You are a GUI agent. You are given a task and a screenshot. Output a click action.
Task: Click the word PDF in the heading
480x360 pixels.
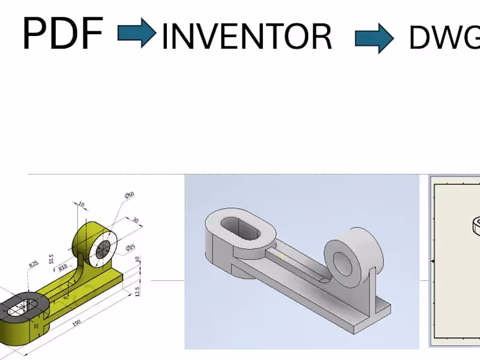(62, 34)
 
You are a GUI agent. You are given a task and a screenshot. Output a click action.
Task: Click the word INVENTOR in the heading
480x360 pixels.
(247, 37)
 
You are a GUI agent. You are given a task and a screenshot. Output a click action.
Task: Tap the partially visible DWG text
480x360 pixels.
(444, 38)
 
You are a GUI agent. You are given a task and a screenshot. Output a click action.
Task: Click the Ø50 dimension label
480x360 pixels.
(129, 196)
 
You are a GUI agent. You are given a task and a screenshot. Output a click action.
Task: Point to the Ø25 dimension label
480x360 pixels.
(130, 248)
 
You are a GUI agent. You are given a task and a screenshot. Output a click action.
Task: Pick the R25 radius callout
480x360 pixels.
(34, 263)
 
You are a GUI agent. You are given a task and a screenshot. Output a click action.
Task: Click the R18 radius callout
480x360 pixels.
(63, 268)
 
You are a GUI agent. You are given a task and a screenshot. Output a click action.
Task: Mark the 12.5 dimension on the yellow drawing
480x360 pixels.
(138, 290)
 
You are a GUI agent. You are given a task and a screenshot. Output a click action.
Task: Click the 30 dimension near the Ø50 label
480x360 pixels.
(135, 221)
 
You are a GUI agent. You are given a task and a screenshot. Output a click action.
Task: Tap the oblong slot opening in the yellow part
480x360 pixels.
(20, 308)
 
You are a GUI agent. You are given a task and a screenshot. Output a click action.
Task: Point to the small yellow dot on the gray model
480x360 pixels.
(282, 256)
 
